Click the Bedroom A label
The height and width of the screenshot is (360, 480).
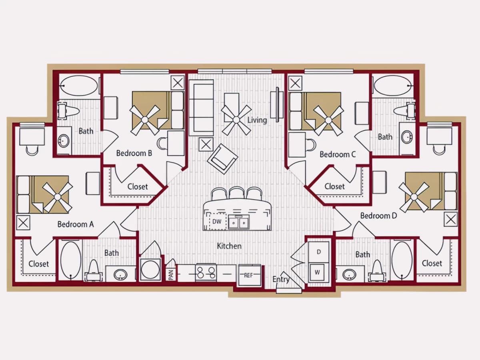tap(76, 224)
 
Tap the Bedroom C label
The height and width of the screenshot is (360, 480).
tap(338, 154)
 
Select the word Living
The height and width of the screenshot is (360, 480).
tap(257, 120)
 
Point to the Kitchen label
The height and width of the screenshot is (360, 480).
tap(229, 246)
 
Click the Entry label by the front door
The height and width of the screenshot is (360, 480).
tap(281, 280)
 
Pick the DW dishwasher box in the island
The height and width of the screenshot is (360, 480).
tap(217, 222)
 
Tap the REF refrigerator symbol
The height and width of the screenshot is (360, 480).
tap(250, 275)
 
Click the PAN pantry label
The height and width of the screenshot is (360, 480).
tap(171, 275)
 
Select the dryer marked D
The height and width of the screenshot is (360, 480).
tap(319, 252)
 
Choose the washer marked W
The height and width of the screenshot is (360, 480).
tap(317, 272)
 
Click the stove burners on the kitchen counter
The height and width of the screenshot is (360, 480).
tap(206, 273)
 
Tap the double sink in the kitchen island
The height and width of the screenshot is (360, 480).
tap(238, 222)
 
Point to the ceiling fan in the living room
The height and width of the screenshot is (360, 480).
tap(236, 120)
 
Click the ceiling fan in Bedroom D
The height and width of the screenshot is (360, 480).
tap(414, 197)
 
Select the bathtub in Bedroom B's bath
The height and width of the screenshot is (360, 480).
tap(79, 86)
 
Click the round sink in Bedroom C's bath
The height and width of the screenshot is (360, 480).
tap(407, 137)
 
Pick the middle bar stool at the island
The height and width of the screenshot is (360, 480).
tap(236, 193)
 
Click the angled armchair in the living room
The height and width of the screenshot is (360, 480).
tap(223, 159)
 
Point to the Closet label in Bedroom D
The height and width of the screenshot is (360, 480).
tap(432, 263)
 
